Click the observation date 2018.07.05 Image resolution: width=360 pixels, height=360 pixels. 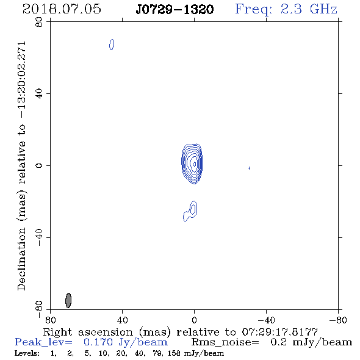tap(62, 9)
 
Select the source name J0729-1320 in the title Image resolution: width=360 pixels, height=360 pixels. tap(175, 9)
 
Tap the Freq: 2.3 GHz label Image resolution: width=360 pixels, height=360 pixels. tap(286, 9)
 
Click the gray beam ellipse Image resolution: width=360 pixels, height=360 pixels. tap(68, 300)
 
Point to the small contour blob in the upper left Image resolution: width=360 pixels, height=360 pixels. tap(112, 45)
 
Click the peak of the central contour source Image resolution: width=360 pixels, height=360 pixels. tap(194, 164)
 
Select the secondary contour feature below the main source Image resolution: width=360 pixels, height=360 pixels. tap(190, 211)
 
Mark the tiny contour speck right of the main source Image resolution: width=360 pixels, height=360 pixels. tap(249, 168)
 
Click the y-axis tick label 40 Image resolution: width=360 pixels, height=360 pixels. tap(39, 94)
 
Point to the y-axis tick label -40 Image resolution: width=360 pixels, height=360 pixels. tap(39, 237)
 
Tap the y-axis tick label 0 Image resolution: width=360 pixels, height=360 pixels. tap(39, 165)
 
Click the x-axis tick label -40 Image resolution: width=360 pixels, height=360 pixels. tap(266, 320)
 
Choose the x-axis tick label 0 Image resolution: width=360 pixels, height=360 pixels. tap(194, 320)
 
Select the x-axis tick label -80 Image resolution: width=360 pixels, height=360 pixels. tap(338, 320)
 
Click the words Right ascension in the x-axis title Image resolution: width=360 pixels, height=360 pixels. tap(88, 332)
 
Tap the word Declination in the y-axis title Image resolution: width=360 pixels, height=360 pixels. tap(21, 259)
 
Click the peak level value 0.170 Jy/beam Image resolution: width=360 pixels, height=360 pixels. tap(126, 342)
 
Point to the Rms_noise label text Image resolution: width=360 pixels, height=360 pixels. tap(225, 342)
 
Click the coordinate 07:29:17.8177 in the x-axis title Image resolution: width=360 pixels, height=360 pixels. tap(279, 332)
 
